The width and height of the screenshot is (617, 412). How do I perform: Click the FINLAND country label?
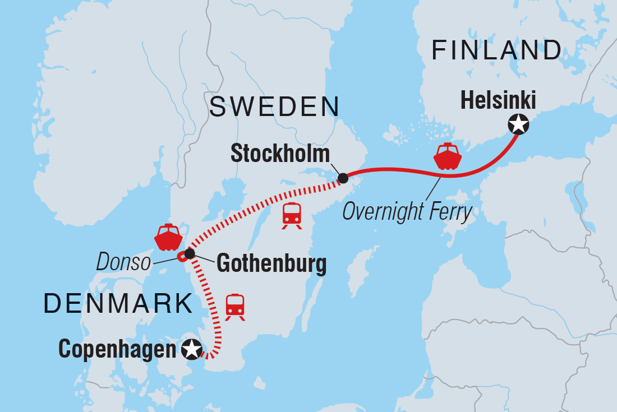pos(496,50)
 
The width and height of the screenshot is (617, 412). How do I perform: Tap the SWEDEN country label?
pos(274,107)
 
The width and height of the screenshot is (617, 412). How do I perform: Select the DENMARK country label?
pos(118,303)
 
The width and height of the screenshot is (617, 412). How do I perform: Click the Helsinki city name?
pos(498,101)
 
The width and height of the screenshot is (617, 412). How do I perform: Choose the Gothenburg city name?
pos(271,263)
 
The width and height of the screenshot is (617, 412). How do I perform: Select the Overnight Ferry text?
pos(407,212)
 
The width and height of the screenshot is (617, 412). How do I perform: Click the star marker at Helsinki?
pos(518,124)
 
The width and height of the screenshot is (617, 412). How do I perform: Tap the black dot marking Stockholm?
pos(343,179)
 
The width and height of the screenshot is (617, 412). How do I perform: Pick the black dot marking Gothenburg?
pos(190,254)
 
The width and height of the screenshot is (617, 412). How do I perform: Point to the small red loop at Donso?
pos(181,256)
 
